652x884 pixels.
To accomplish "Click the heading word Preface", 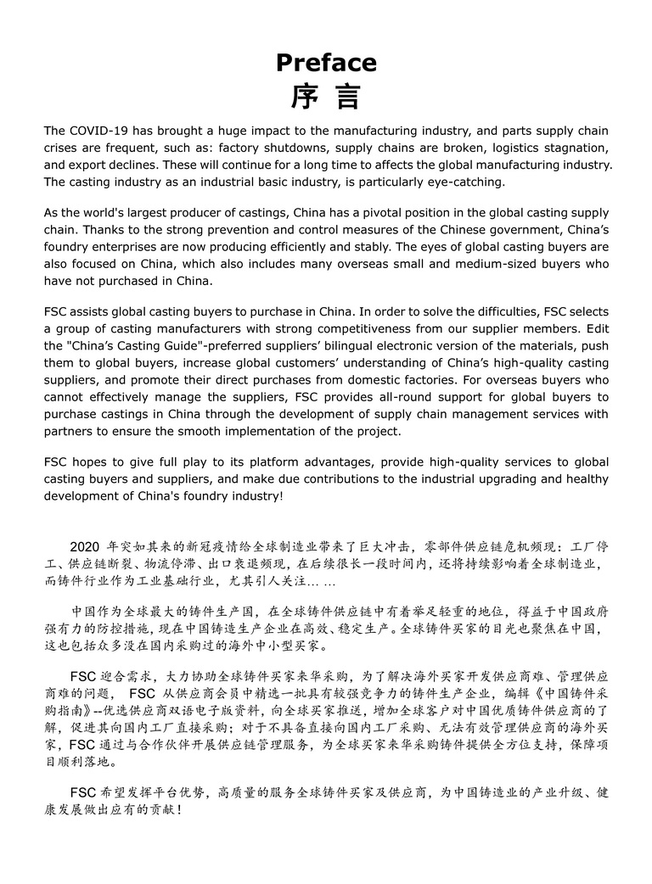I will click(326, 63).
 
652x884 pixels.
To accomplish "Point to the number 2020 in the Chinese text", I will click(85, 546).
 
